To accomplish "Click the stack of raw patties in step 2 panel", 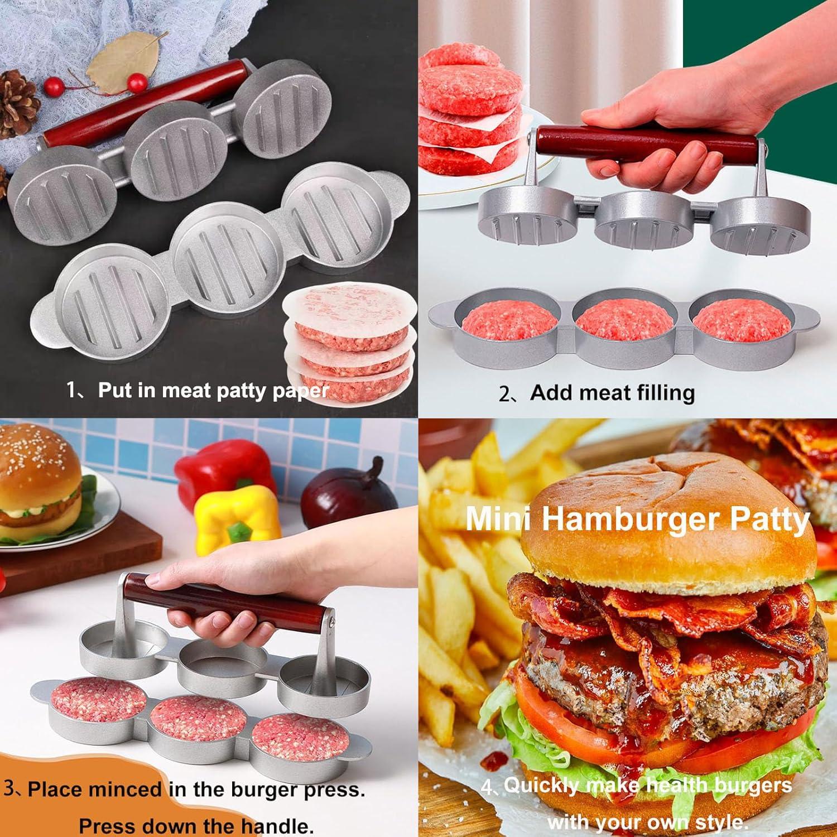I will click(x=469, y=112).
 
